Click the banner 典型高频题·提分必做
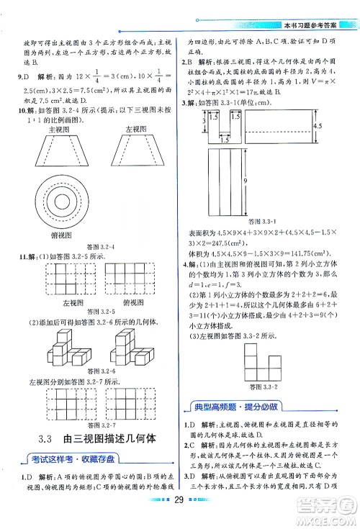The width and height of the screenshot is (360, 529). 235,405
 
